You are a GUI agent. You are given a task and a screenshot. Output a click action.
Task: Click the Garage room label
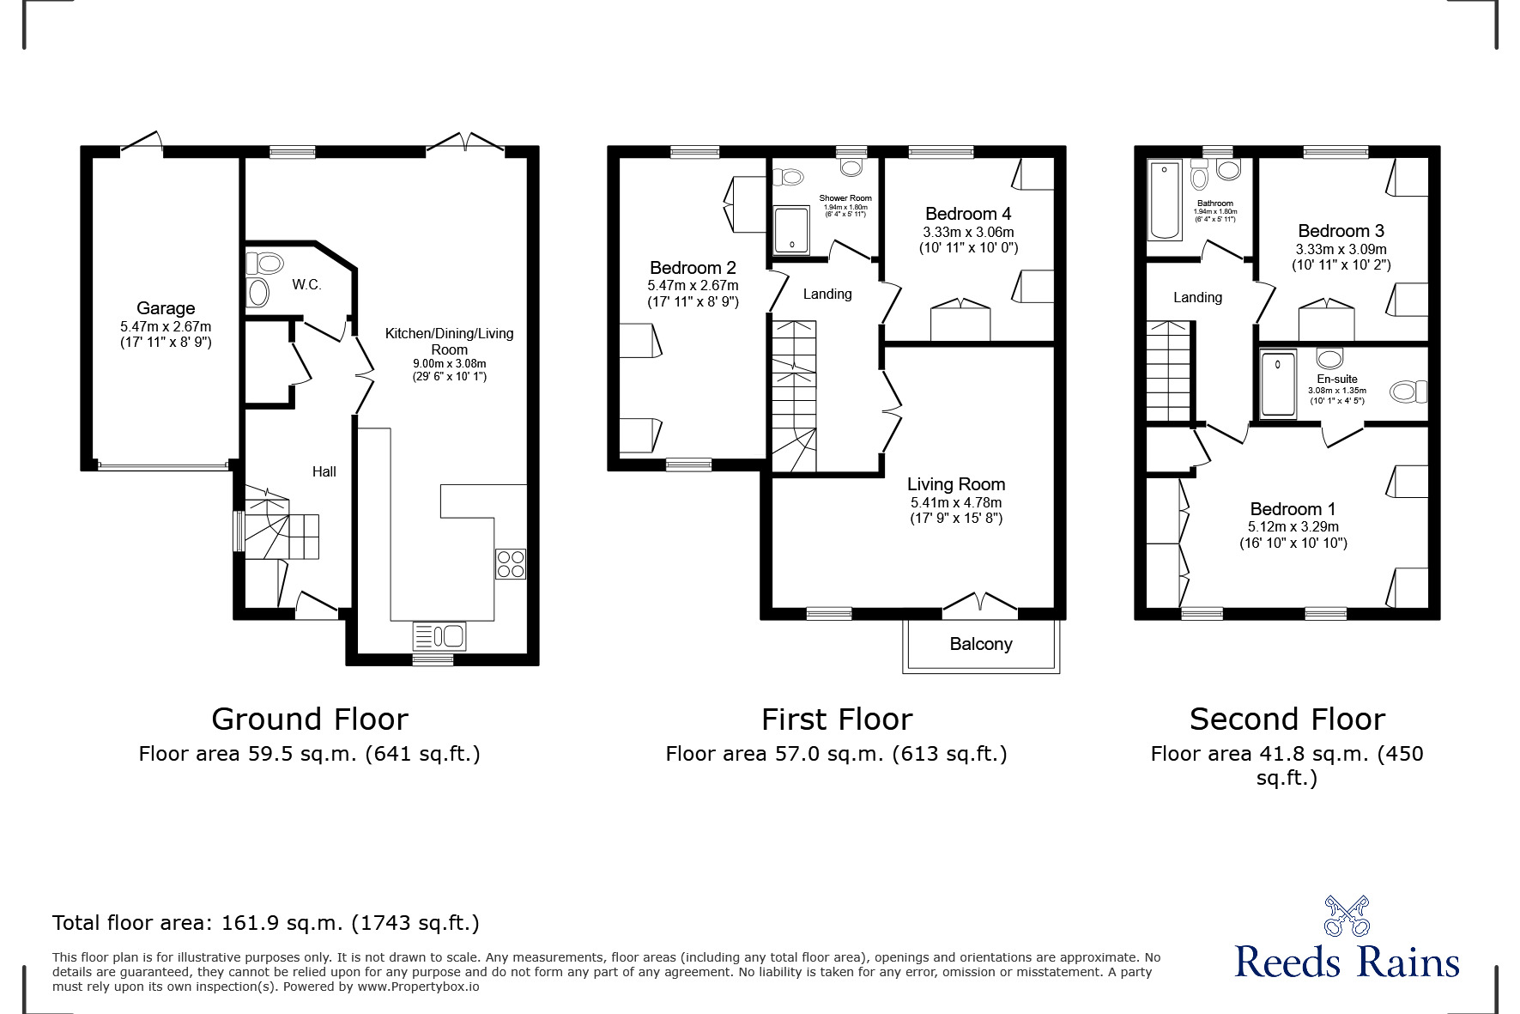click(166, 308)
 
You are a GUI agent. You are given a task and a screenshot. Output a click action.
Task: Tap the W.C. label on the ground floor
click(306, 285)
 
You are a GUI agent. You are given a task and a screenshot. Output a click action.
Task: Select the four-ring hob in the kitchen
click(511, 564)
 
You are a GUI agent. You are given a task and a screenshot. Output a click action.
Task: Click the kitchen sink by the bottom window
click(439, 636)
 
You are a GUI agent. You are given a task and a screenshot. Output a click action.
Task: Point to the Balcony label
click(981, 644)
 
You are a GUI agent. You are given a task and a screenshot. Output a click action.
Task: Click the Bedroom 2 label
click(693, 268)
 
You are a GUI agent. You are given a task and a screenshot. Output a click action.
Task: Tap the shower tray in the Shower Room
click(791, 230)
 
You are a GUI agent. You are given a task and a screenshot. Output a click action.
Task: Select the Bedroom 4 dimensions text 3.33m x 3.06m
click(968, 232)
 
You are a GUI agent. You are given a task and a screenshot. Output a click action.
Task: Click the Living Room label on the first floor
click(956, 484)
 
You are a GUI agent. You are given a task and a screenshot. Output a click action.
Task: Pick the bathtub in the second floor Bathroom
click(1165, 199)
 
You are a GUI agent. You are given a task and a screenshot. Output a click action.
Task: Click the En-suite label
click(1336, 379)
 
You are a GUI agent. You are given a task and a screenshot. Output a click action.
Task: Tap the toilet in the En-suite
click(1408, 392)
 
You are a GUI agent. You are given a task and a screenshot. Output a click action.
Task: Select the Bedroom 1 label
click(1293, 509)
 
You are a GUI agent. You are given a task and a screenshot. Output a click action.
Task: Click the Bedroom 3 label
click(1341, 231)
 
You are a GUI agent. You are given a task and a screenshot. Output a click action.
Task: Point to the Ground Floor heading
click(310, 719)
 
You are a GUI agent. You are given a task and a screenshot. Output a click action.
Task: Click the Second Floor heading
click(1287, 719)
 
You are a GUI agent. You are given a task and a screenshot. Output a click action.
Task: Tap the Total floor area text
click(265, 923)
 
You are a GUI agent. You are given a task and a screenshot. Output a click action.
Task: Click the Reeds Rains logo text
click(1347, 962)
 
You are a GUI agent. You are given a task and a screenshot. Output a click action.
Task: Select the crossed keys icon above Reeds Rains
click(1346, 915)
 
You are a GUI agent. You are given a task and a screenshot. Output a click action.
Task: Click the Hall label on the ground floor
click(324, 471)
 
